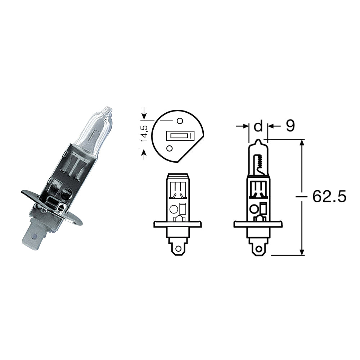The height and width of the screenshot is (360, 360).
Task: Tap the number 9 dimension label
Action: pyautogui.click(x=290, y=126)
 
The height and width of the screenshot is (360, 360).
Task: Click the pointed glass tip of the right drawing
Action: pyautogui.click(x=258, y=141)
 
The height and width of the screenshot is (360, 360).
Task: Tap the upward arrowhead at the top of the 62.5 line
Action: pyautogui.click(x=302, y=143)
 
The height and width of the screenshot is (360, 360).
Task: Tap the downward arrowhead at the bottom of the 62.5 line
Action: pyautogui.click(x=302, y=252)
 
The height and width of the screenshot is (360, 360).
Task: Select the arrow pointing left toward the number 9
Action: pyautogui.click(x=271, y=126)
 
